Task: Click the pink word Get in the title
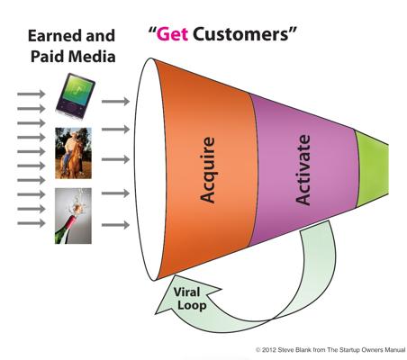click(x=172, y=34)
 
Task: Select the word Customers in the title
click(x=241, y=34)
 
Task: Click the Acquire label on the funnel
click(x=207, y=170)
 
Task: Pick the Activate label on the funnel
click(x=303, y=170)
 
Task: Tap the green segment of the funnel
click(x=372, y=169)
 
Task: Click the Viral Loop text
click(x=188, y=299)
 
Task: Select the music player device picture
click(x=76, y=96)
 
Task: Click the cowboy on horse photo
click(x=73, y=153)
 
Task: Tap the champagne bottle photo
click(x=73, y=216)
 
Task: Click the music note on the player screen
click(x=77, y=88)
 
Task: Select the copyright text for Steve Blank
click(x=330, y=350)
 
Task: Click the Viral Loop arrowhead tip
click(x=155, y=314)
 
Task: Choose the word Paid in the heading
click(x=48, y=57)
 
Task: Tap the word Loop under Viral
click(x=192, y=306)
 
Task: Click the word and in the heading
click(x=101, y=36)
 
